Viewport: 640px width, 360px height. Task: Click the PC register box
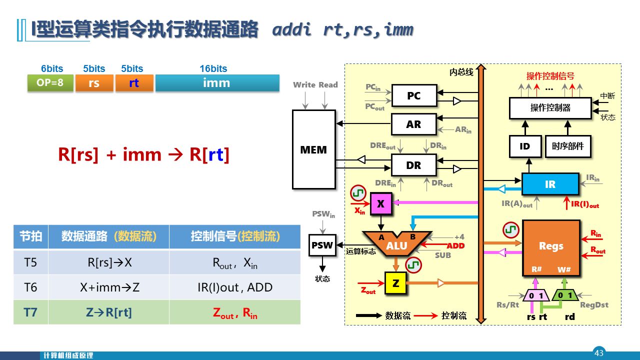click(413, 95)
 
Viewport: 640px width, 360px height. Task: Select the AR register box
click(413, 124)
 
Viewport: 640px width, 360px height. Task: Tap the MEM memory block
click(313, 149)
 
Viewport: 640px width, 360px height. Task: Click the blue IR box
click(550, 184)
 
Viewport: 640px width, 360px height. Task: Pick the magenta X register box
click(380, 203)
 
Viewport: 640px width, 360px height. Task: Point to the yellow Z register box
click(395, 283)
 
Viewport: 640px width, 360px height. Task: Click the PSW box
click(322, 245)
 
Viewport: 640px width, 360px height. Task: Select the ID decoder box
click(524, 146)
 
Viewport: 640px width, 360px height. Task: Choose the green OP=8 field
click(50, 82)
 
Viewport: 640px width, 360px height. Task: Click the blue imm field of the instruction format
click(216, 82)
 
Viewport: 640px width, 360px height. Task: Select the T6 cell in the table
click(30, 287)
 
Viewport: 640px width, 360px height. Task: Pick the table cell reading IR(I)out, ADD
click(234, 287)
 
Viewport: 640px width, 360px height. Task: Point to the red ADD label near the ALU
click(455, 245)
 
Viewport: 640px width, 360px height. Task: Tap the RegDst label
click(594, 305)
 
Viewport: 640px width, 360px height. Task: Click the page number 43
click(599, 353)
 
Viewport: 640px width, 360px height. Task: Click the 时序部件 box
click(568, 146)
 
